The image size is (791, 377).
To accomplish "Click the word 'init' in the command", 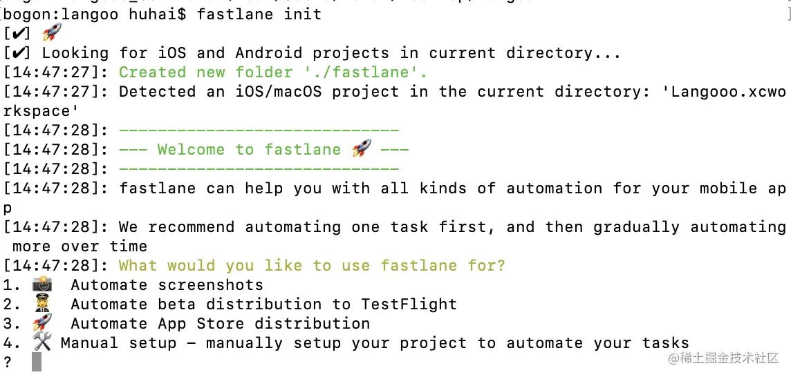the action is (302, 14).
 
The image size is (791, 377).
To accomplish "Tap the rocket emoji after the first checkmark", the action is (52, 32).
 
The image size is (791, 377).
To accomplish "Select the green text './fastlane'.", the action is (366, 72).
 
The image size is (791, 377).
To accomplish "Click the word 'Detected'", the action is (157, 91).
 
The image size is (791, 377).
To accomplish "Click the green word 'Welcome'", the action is (190, 149).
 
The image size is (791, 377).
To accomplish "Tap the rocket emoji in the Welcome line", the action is (361, 148).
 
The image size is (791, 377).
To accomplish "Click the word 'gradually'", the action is (636, 226).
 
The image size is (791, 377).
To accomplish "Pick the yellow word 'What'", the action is (138, 265).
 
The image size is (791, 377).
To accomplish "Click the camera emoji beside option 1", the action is (42, 284).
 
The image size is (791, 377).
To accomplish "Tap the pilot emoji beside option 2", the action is (42, 304).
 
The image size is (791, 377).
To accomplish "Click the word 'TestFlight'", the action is (409, 304).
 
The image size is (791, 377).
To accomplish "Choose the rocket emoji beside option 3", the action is (42, 322).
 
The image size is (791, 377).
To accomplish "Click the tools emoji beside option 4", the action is (42, 342).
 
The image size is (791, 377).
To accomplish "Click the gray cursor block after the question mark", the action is (37, 362).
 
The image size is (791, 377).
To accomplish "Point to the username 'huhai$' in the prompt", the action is (157, 14).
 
